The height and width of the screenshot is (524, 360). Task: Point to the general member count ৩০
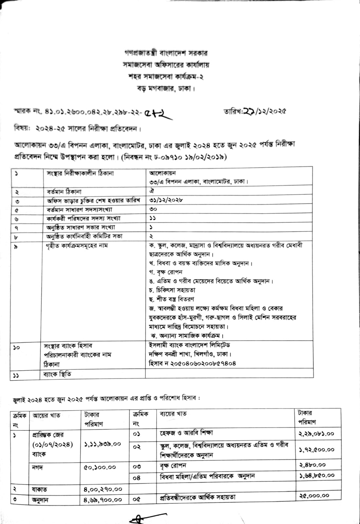tap(153, 209)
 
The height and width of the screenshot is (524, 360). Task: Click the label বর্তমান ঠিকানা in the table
tap(64, 192)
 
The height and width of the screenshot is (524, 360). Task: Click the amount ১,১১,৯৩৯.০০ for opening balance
tap(102, 444)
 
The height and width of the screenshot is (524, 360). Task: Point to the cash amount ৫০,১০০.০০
tap(100, 467)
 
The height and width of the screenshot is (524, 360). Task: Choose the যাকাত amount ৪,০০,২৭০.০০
tap(103, 489)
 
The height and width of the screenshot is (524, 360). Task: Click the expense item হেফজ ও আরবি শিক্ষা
tap(186, 433)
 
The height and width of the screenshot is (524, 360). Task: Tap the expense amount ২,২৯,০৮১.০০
tap(316, 434)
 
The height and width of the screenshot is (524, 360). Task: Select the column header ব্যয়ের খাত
tap(173, 414)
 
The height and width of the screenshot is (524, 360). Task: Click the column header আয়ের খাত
tap(47, 415)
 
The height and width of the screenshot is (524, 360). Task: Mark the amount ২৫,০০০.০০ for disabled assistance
tap(314, 496)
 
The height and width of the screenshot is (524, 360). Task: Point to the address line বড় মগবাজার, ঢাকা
tap(166, 88)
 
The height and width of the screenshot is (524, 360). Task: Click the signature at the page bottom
tap(141, 519)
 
